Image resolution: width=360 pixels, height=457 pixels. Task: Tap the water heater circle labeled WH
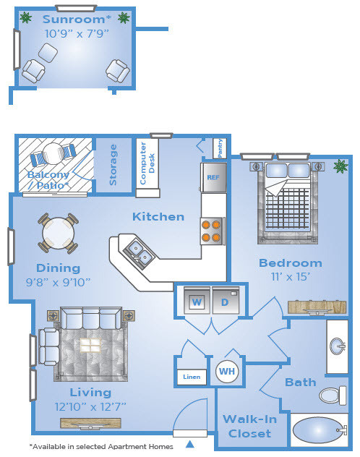227,372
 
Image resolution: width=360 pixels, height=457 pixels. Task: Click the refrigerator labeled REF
213,177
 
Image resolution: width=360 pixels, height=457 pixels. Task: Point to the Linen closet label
192,377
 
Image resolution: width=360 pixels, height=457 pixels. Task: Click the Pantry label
220,148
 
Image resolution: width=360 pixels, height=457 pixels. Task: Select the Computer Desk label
147,163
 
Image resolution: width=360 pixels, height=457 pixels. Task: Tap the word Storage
113,165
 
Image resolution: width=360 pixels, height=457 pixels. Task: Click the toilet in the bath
333,396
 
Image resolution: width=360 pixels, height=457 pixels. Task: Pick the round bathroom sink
338,346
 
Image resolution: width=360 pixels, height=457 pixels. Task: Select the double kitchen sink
139,252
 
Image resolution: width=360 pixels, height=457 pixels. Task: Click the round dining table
58,234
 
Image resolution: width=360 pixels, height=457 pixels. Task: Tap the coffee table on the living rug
90,345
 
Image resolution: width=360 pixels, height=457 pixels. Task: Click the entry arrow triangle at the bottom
190,444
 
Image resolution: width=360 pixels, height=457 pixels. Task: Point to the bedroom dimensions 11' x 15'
291,277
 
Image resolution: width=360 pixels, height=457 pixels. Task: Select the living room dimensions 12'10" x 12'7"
90,406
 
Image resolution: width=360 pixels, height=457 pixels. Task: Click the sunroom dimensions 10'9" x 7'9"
77,33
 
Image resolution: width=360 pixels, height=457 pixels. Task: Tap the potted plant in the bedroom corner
340,166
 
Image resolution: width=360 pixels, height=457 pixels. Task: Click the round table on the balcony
53,153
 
